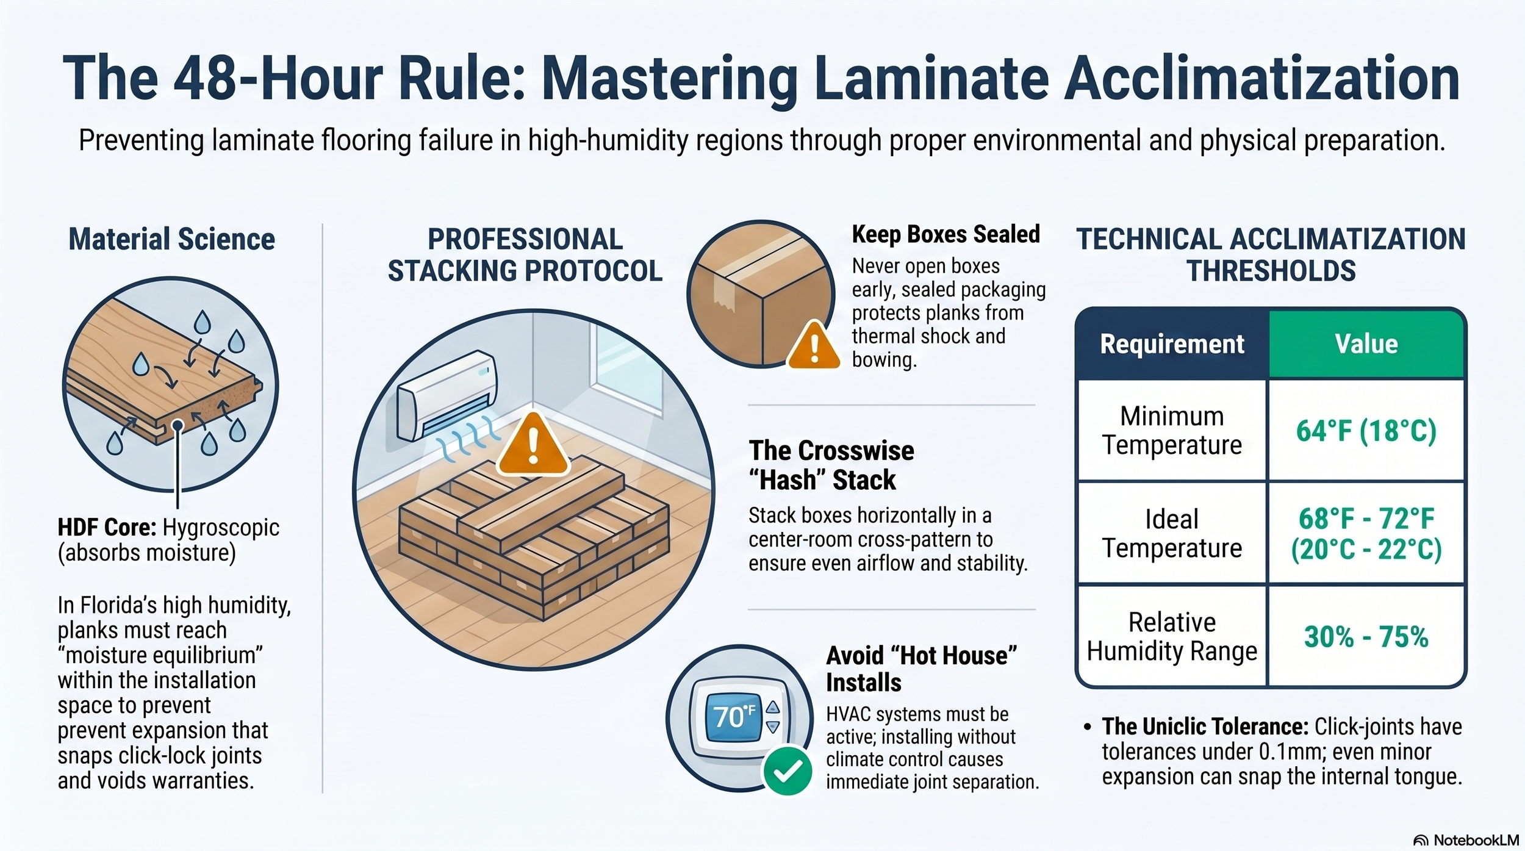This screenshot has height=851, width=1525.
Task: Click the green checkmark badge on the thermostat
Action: [788, 771]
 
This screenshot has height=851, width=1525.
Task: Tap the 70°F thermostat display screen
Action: [734, 716]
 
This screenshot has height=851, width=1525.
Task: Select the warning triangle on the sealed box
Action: [814, 345]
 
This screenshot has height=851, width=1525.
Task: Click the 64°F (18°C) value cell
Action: [1366, 431]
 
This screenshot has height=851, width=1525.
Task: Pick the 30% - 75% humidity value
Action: [1366, 637]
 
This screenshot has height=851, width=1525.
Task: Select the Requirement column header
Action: [1172, 344]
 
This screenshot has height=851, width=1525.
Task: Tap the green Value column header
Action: [1366, 344]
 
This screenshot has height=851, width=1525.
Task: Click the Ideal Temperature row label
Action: [1172, 534]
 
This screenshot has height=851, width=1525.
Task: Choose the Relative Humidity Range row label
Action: [1172, 637]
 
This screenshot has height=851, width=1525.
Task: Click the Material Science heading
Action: [172, 239]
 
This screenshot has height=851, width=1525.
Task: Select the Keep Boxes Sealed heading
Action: [946, 234]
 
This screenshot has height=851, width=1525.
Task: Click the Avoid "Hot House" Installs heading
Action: [922, 669]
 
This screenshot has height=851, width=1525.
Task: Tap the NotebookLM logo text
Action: [1476, 840]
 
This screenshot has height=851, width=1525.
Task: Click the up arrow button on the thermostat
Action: [773, 707]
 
